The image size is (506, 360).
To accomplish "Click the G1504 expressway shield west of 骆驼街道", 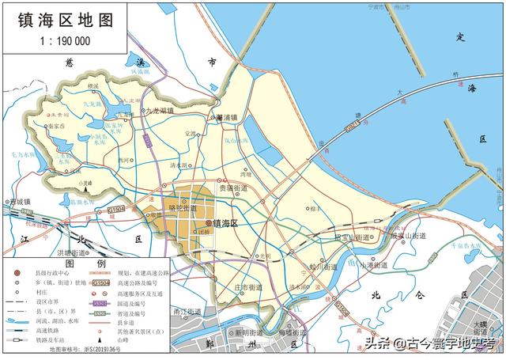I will pyautogui.click(x=116, y=209).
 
